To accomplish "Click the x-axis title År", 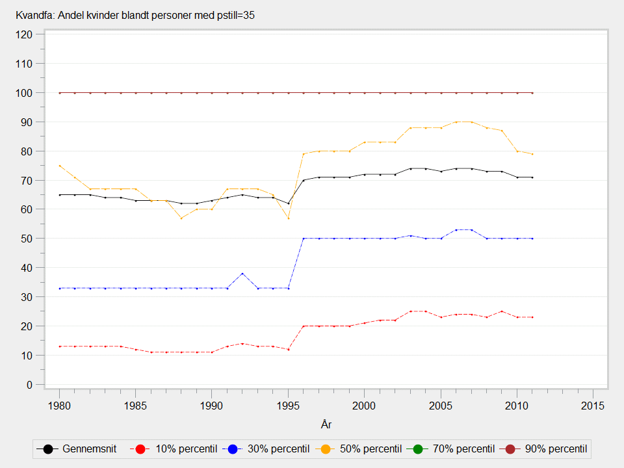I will (x=326, y=424).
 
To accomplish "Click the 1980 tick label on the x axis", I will (x=59, y=405).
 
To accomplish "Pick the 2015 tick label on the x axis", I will (x=593, y=405).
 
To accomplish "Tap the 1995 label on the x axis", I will (x=288, y=405).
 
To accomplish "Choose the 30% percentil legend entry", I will (x=264, y=448).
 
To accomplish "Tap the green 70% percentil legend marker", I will (x=417, y=448).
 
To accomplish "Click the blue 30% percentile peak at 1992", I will (x=242, y=274).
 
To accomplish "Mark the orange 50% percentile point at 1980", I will (x=60, y=166).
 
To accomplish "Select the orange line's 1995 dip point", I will (x=288, y=218).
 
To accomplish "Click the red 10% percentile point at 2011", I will (x=532, y=317).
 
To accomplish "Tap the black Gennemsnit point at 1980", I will (x=60, y=195).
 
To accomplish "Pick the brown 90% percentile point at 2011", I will (x=532, y=93).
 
